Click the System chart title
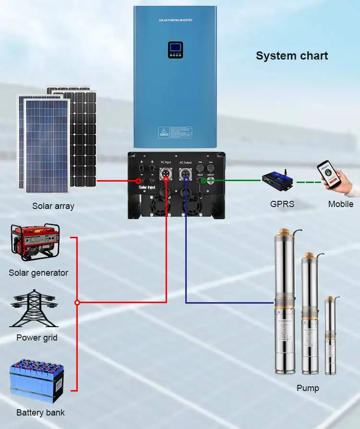tap(292, 56)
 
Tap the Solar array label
tap(53, 206)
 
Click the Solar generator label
tap(38, 273)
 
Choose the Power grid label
tap(37, 338)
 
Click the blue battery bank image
tap(37, 382)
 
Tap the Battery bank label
tap(40, 413)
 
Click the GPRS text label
tap(282, 204)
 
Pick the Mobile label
tap(341, 204)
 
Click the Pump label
tap(308, 388)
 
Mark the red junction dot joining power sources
tap(77, 303)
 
